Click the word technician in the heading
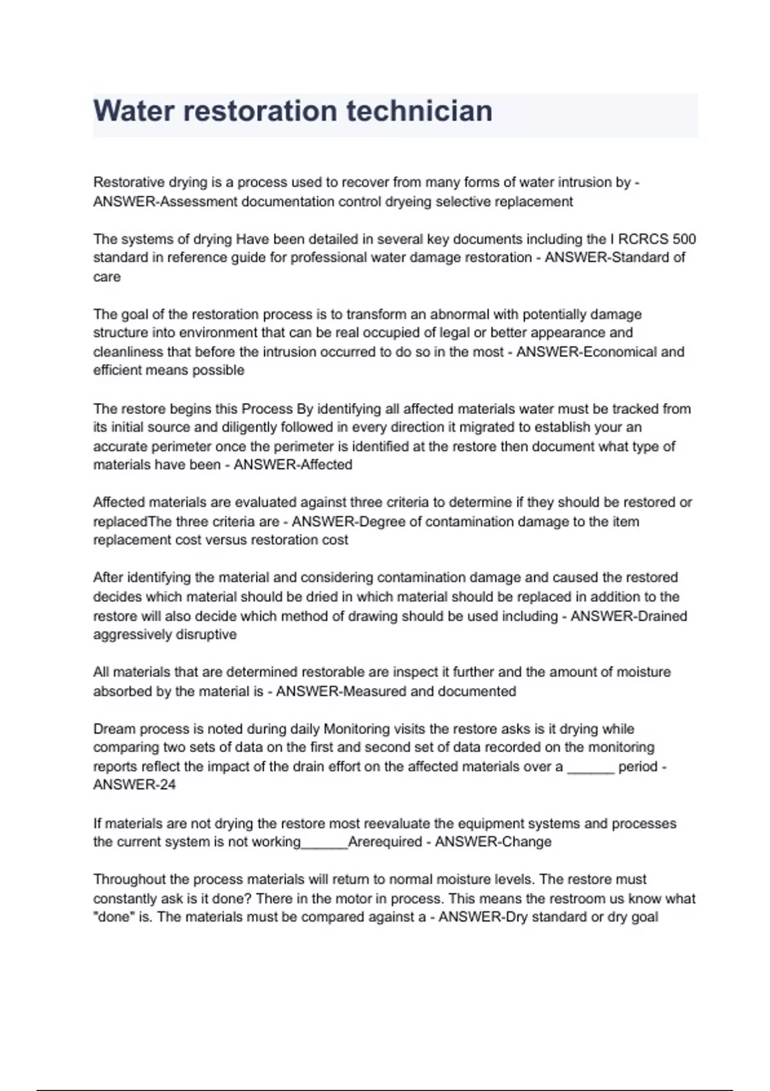click(420, 111)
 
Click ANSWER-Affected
click(293, 465)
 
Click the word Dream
click(114, 729)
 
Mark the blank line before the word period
click(590, 767)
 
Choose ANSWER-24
click(134, 785)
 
